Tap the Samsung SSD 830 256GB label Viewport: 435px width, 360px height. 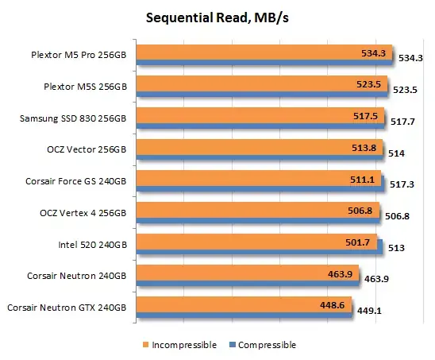[x=76, y=118]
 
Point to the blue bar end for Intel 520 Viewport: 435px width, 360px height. [x=382, y=247]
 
